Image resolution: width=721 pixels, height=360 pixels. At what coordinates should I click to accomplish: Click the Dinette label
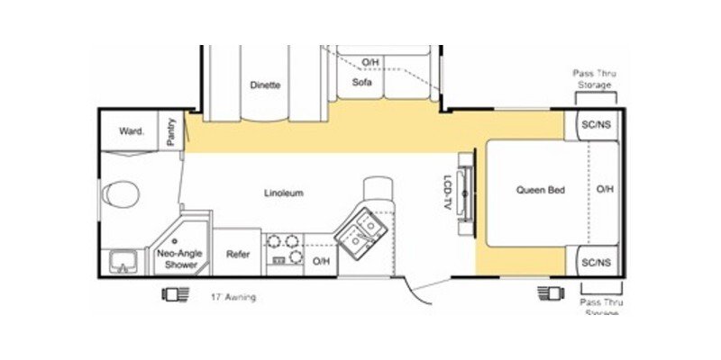click(265, 85)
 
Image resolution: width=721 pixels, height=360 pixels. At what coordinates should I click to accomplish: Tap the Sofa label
click(361, 83)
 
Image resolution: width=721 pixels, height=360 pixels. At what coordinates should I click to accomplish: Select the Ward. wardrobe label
click(132, 131)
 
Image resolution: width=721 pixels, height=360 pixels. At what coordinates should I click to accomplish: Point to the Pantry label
click(171, 131)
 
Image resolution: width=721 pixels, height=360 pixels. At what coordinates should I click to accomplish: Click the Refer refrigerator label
click(238, 255)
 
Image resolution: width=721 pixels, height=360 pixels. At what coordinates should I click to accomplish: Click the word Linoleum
click(283, 193)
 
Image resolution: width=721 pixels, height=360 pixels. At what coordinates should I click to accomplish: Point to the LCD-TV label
click(447, 193)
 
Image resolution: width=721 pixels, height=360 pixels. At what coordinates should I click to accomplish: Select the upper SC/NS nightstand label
click(596, 125)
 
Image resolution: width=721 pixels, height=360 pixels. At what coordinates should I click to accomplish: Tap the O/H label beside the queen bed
click(605, 190)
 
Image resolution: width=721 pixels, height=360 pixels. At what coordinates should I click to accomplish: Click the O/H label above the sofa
click(370, 62)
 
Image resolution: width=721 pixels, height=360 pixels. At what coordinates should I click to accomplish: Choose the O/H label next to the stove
click(320, 260)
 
